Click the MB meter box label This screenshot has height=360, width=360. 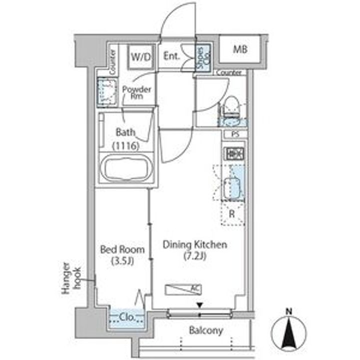tap(240, 49)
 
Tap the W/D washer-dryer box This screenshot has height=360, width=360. tap(140, 56)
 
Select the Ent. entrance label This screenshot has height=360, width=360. tap(171, 56)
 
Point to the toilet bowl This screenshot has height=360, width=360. tap(231, 106)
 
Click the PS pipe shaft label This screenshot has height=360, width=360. tap(235, 134)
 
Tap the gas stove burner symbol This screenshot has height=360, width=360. tap(234, 153)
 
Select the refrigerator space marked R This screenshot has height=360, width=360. tap(232, 214)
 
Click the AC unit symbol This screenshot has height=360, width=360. tap(183, 289)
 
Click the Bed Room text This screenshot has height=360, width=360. tap(122, 249)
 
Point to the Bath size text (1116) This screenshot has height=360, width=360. tap(126, 146)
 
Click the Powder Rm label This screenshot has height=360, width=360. tap(136, 92)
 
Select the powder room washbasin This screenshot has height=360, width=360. tap(106, 92)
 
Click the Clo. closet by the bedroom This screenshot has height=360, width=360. tap(126, 318)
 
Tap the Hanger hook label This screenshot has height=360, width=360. tap(71, 278)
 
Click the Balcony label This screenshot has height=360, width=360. tap(206, 330)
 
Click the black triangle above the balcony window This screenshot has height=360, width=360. tap(200, 305)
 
